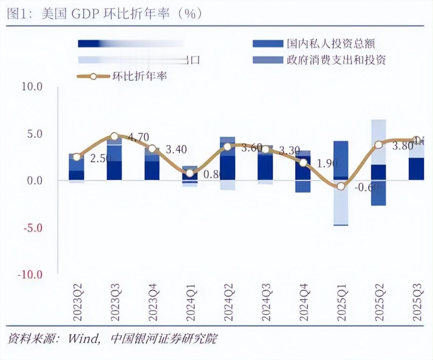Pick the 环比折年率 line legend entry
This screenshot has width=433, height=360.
(139, 76)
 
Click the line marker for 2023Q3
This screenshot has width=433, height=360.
(114, 137)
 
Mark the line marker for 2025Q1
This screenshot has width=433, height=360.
(340, 186)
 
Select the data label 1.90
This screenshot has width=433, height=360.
(326, 164)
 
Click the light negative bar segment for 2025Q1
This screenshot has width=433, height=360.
(340, 202)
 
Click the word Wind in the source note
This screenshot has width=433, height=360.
(82, 339)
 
